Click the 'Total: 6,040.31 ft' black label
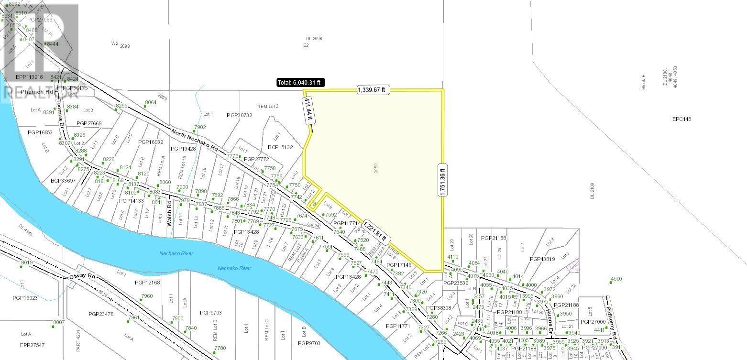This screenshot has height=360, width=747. [x=300, y=83]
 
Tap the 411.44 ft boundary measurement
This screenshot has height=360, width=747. [x=308, y=108]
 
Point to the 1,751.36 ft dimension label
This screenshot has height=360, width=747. [x=442, y=179]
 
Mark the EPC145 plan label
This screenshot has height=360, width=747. [x=681, y=119]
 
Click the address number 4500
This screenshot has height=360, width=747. [x=616, y=279]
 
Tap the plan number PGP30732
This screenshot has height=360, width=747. [x=239, y=115]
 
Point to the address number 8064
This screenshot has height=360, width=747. [x=151, y=102]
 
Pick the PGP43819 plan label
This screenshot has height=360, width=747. [x=542, y=259]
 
